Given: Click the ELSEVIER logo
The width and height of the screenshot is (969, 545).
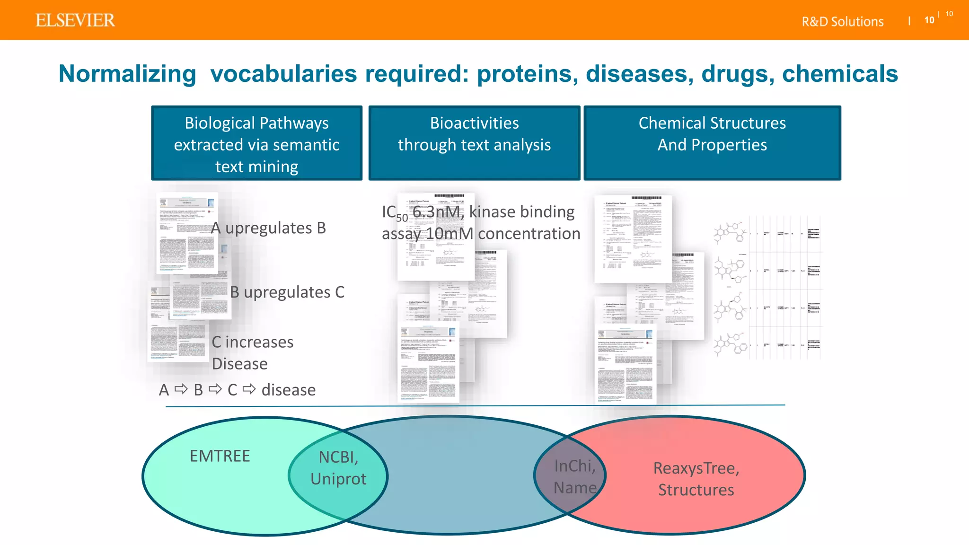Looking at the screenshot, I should click(x=75, y=20).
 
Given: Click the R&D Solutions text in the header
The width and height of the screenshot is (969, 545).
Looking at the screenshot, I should click(x=842, y=22).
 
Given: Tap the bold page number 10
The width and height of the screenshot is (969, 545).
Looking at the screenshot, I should click(x=929, y=20).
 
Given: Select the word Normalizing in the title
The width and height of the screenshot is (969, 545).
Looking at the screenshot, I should click(x=127, y=74).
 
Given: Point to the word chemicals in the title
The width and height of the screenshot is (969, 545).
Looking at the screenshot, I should click(x=840, y=74).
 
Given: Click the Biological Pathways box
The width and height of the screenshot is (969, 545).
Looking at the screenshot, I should click(x=256, y=143).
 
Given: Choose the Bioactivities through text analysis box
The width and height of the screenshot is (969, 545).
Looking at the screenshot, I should click(x=474, y=143).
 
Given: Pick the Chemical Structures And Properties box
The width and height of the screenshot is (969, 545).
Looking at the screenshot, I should click(x=712, y=143).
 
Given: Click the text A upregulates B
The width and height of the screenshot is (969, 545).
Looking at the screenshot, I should click(x=269, y=228).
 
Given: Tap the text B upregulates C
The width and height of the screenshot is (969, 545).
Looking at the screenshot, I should click(x=287, y=292).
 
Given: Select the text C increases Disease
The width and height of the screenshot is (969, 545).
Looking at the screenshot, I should click(x=252, y=352).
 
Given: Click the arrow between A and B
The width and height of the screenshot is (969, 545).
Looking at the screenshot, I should click(x=181, y=389).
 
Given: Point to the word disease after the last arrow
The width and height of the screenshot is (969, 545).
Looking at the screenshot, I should click(x=288, y=390).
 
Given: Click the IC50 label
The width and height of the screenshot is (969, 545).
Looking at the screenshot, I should click(x=394, y=213).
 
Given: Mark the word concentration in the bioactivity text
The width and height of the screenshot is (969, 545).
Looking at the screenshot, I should click(x=529, y=234).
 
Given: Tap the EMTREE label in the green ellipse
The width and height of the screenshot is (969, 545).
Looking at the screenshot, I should click(x=220, y=456).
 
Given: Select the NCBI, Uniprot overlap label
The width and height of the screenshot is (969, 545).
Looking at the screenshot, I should click(x=338, y=468).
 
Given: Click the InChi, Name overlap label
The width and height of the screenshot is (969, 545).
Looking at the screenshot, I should click(x=575, y=477).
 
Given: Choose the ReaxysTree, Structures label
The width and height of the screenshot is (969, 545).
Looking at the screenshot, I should click(x=696, y=479).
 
